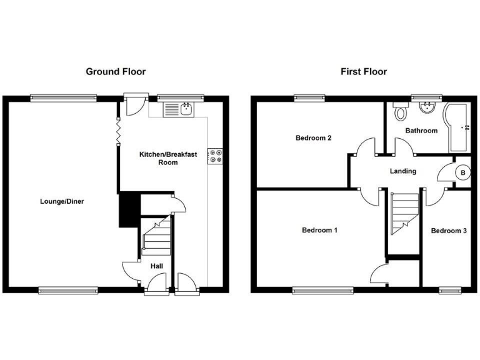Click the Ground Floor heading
click(116, 72)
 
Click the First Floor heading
click(364, 72)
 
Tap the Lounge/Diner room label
click(62, 202)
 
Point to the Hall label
click(157, 266)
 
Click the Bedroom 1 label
click(319, 231)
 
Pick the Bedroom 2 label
click(313, 138)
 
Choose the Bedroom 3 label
click(449, 231)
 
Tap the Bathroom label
click(421, 131)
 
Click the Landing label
click(403, 171)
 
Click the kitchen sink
click(180, 111)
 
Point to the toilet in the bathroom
click(401, 113)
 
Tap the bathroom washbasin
click(427, 108)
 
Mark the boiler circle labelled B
click(463, 172)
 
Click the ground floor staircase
click(156, 236)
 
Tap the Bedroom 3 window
click(449, 290)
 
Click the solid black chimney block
click(128, 210)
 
